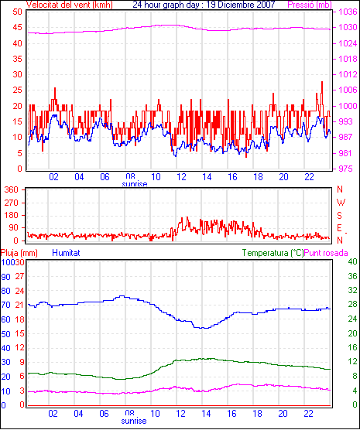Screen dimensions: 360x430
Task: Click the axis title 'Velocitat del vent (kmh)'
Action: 70,5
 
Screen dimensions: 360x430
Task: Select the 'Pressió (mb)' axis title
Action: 310,5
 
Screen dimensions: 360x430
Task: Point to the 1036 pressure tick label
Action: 348,12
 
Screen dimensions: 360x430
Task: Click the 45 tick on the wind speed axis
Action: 18,27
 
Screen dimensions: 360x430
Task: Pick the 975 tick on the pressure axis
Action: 345,169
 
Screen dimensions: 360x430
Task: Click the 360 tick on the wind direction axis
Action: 12,189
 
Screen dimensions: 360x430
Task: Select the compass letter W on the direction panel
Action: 341,203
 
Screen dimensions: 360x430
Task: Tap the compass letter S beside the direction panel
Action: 339,216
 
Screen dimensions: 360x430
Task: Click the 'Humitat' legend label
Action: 66,253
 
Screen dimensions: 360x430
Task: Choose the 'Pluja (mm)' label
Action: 19,253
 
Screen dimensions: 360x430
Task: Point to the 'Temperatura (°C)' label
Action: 273,253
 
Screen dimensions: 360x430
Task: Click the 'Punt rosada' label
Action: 326,253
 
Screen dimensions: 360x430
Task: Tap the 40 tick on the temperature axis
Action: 352,261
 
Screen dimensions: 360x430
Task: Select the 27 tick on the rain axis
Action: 19,276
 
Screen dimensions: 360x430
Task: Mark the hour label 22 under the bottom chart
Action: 308,413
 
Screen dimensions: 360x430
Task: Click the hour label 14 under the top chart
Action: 207,177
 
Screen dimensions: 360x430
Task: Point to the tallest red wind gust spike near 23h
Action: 322,81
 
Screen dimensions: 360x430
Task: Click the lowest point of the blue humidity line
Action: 204,328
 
